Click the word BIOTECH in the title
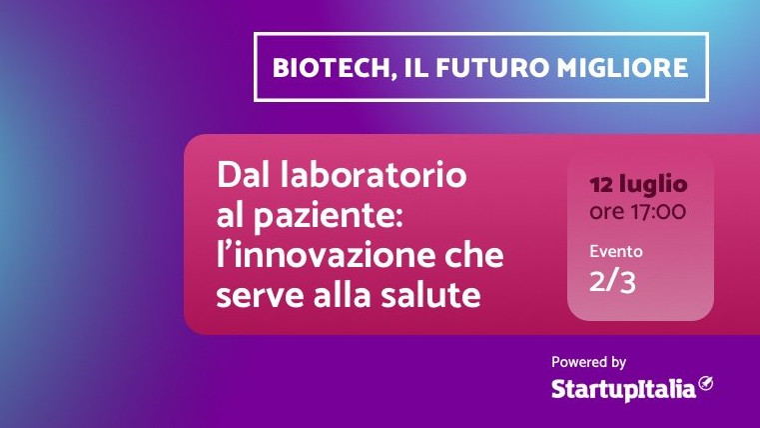pyautogui.click(x=331, y=68)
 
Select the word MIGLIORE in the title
pyautogui.click(x=622, y=67)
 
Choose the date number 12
pyautogui.click(x=601, y=184)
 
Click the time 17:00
pyautogui.click(x=658, y=212)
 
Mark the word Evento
pyautogui.click(x=616, y=251)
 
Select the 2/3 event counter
pyautogui.click(x=612, y=281)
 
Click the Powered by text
pyautogui.click(x=588, y=362)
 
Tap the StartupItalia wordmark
pyautogui.click(x=623, y=389)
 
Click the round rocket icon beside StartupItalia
pyautogui.click(x=706, y=383)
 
